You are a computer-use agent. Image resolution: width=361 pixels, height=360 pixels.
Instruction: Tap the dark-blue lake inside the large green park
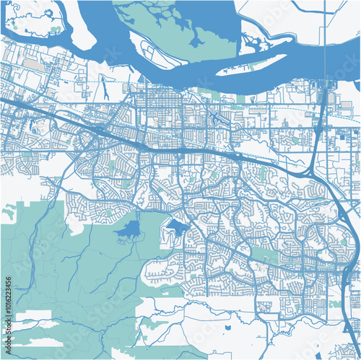tap(130, 230)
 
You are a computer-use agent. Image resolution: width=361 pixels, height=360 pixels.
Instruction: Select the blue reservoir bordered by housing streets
tap(176, 228)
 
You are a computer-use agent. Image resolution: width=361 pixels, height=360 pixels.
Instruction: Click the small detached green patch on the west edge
tap(9, 212)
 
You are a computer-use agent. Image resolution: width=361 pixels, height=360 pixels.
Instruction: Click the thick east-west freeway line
tap(180, 149)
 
